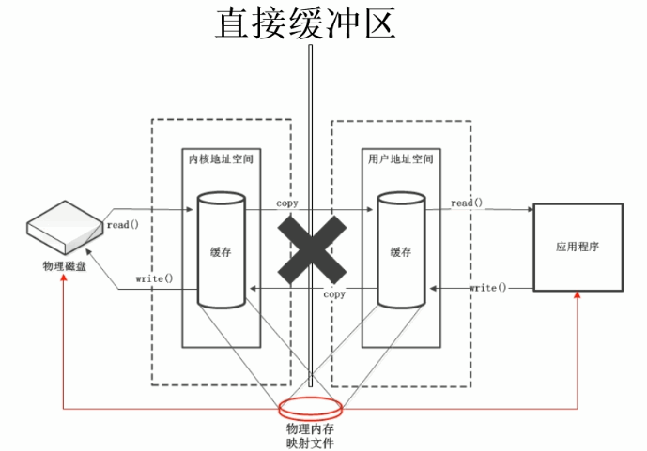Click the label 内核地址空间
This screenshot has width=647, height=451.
click(x=221, y=160)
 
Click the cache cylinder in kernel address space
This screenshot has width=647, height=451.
click(x=222, y=249)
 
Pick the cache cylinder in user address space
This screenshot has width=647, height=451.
click(x=402, y=249)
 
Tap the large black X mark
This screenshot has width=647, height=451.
click(x=308, y=246)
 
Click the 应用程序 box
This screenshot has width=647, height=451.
click(x=578, y=246)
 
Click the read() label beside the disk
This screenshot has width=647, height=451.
click(x=124, y=225)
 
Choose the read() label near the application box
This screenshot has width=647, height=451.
click(x=467, y=203)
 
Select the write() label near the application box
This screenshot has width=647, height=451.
click(x=488, y=286)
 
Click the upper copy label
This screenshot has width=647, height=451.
click(x=287, y=203)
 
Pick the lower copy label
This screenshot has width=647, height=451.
click(x=333, y=294)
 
